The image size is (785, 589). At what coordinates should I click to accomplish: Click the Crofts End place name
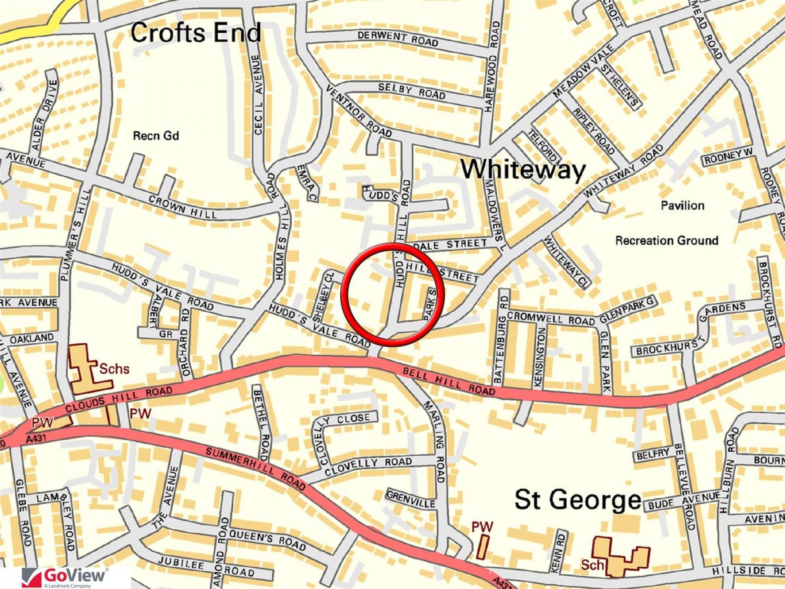click(195, 33)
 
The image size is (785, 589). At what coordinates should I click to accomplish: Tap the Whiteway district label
click(523, 169)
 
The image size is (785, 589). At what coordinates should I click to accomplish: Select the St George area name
click(578, 500)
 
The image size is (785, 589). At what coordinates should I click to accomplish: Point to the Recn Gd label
click(156, 136)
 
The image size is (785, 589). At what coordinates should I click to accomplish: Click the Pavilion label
click(683, 205)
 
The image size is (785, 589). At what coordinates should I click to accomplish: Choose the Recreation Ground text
click(667, 240)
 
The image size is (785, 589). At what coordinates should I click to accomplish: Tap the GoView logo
click(65, 577)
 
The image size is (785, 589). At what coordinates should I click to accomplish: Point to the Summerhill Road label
click(255, 467)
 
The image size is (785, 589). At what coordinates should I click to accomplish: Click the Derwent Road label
click(398, 38)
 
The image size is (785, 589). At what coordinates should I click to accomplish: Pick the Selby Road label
click(412, 91)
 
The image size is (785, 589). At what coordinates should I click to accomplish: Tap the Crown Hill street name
click(182, 207)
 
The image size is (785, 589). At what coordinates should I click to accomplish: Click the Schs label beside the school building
click(114, 369)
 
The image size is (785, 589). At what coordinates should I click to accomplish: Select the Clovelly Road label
click(368, 466)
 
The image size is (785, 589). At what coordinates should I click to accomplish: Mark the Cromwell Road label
click(551, 318)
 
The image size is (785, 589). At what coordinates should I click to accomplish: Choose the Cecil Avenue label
click(258, 95)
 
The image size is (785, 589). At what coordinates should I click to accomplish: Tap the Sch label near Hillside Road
click(592, 565)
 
